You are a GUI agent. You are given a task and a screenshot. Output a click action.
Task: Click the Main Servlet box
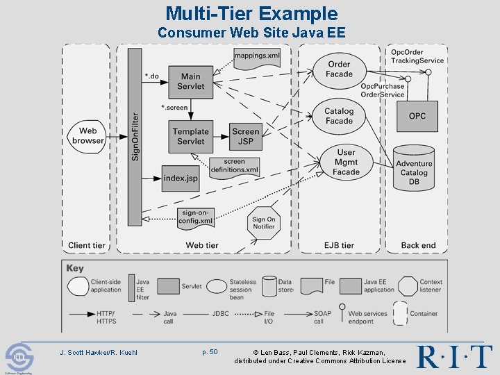point(190,81)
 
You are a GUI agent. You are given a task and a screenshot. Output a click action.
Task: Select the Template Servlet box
point(190,136)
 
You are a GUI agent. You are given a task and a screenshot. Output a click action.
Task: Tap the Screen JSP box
point(245,136)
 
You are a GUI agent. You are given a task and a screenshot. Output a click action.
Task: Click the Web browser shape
point(87,135)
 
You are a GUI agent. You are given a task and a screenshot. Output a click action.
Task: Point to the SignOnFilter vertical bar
point(135,137)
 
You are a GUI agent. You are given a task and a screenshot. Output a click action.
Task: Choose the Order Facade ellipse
point(339,69)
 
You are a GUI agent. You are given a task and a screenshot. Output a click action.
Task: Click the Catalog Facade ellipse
point(339,116)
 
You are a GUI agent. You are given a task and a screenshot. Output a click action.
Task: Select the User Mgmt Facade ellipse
point(346,162)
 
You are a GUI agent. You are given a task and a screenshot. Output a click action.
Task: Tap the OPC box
point(417,116)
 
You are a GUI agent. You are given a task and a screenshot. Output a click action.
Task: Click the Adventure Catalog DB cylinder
point(414,169)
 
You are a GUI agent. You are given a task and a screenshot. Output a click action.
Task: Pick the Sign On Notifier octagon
point(263,222)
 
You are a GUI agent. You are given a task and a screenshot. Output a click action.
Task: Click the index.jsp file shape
point(181,178)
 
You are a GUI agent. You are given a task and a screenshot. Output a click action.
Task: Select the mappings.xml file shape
point(257,56)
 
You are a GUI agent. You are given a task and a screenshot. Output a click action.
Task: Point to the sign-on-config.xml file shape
point(195,217)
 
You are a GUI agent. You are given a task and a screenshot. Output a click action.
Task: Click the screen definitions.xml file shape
point(234,167)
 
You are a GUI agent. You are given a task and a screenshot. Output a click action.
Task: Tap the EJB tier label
point(339,245)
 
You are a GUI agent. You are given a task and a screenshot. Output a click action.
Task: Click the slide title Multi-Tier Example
point(251,13)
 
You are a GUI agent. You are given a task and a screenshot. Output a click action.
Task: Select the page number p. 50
point(210,352)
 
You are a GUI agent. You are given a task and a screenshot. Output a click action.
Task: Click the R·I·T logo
point(454,356)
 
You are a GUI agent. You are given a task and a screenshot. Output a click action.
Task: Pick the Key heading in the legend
point(75,268)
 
